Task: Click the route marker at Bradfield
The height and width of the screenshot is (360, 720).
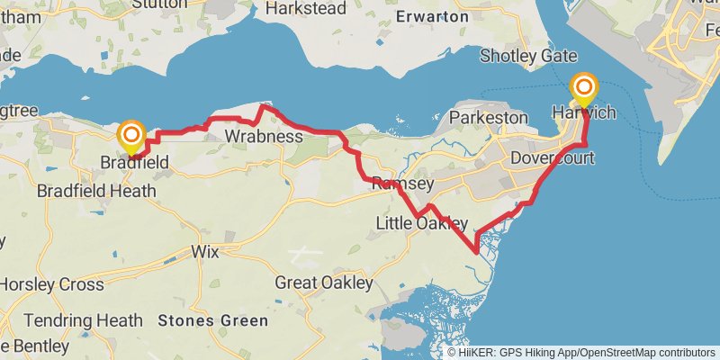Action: tap(131, 137)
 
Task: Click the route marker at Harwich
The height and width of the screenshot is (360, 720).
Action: tap(585, 87)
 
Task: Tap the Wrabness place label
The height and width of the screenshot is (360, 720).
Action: tap(263, 137)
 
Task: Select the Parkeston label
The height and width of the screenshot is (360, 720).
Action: tap(488, 118)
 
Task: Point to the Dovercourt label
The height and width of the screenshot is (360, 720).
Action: tap(547, 158)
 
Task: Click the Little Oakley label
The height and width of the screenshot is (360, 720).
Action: tap(422, 223)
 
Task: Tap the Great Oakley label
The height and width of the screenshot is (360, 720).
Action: tap(323, 283)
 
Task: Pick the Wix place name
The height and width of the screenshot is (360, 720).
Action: tap(205, 252)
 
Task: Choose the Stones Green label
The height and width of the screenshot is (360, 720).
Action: tap(212, 320)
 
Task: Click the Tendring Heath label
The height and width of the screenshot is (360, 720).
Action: tap(83, 319)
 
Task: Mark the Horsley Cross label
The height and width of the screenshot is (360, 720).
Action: tap(50, 284)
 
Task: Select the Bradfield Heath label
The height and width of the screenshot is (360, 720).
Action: tap(96, 191)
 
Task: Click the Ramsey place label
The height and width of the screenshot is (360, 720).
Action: tap(403, 184)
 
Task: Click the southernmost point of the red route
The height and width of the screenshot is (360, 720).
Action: tap(475, 253)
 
